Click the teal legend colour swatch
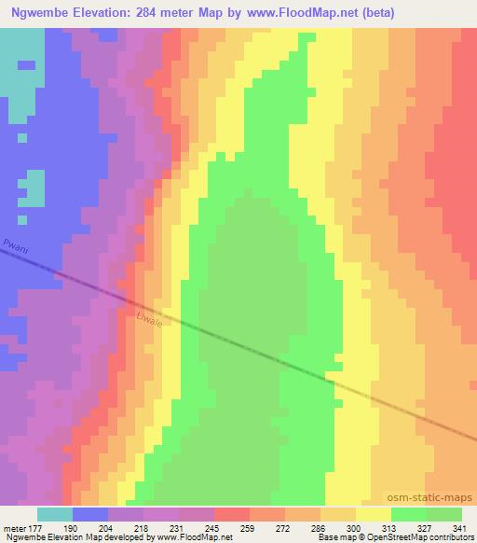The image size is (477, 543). point(55,514)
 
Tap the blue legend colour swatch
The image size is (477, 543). point(90,514)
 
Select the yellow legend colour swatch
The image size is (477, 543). point(374,514)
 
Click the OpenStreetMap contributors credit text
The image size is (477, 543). point(434,538)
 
